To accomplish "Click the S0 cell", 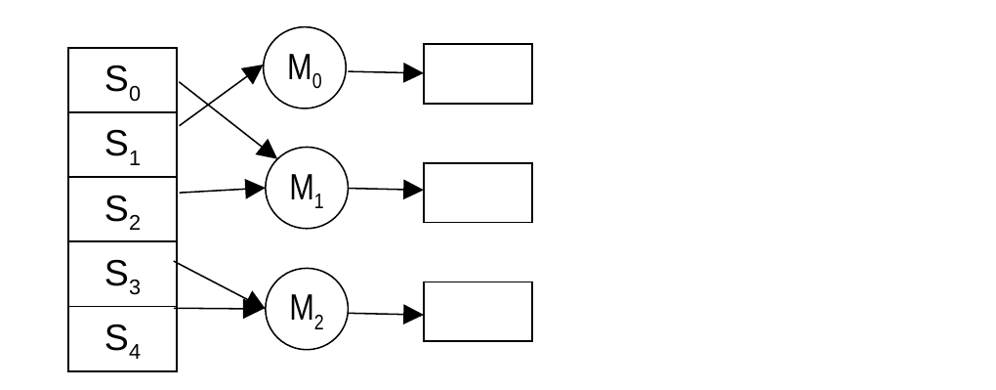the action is point(123,80).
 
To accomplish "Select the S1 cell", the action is point(123,145).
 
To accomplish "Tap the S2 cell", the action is point(123,208).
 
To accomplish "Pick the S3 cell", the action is point(123,274).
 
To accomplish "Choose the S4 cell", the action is point(123,338).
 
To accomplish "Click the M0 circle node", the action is point(305,67).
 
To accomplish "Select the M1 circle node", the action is point(307,188).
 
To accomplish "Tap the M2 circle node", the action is point(307,309).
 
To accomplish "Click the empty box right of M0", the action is point(477,74).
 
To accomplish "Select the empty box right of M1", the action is point(477,193).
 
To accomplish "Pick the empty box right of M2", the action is point(477,312).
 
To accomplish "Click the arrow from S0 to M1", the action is point(228,120).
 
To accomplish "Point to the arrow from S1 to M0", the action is point(221,95).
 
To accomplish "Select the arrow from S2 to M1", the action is point(223,190).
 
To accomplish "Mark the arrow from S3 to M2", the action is point(219,283).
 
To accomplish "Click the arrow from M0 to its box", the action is point(386,72).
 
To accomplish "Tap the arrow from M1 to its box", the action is point(387,189).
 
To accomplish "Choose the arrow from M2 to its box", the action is point(387,314).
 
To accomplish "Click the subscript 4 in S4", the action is point(135,351).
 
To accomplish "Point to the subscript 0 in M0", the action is point(317,81).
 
